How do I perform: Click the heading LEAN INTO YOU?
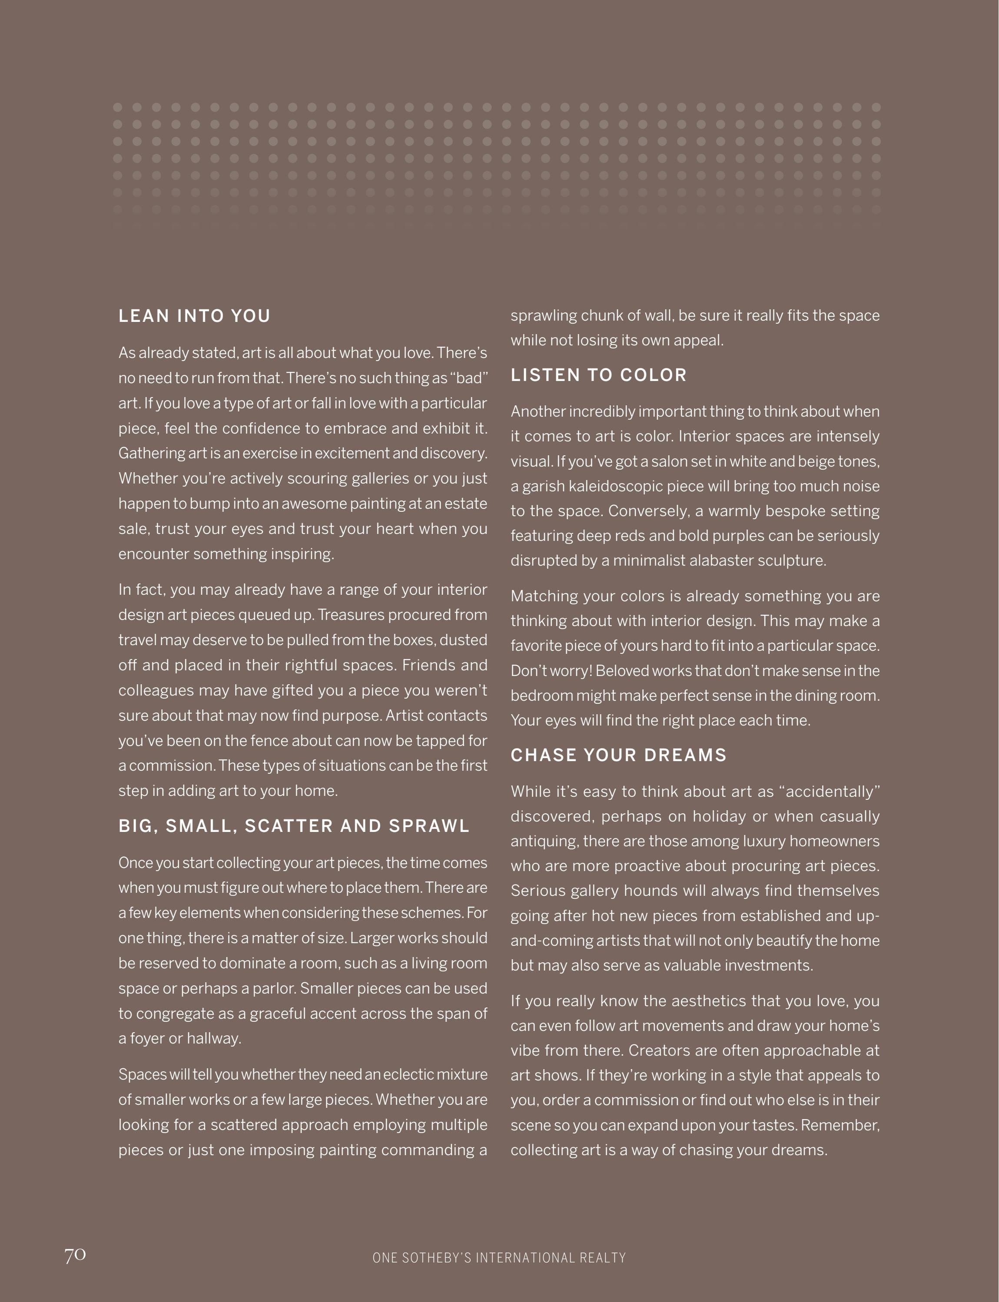tap(194, 316)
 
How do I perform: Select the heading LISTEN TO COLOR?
tap(598, 375)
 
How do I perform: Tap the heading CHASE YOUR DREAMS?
tap(618, 755)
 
